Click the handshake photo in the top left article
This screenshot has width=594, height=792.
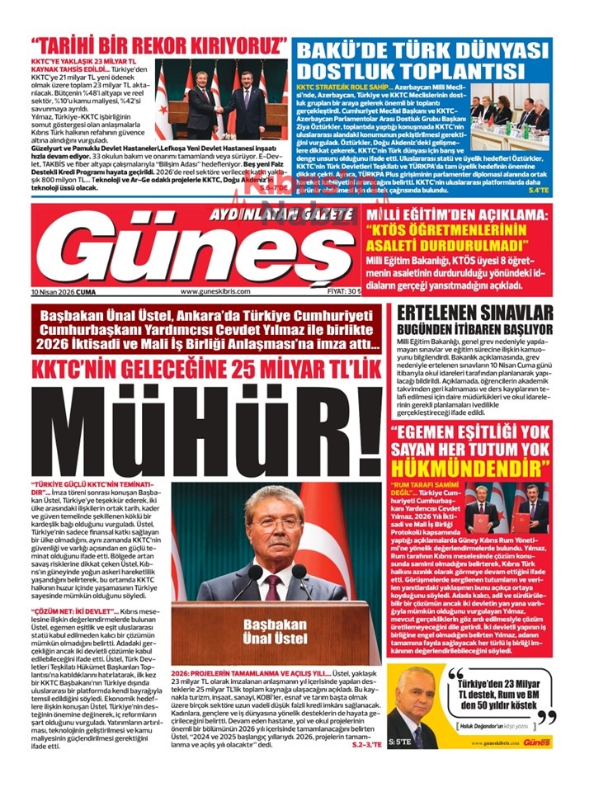221,100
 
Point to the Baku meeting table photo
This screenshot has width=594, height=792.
519,113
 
